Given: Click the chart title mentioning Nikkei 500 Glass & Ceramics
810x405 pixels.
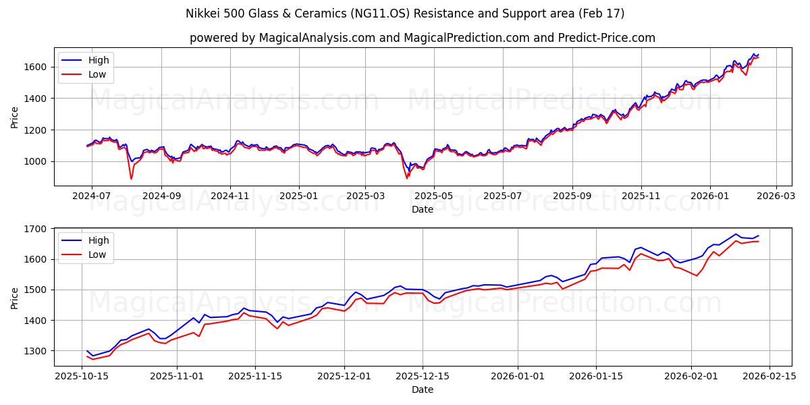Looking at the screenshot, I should pos(405,13).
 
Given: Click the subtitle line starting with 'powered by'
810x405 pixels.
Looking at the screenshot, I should pos(422,38).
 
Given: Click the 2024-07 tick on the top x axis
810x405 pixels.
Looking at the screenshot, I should pos(92,196).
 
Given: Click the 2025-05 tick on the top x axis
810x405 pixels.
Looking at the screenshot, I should pos(433,196).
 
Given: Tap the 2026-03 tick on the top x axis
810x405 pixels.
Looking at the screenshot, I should pos(776,196).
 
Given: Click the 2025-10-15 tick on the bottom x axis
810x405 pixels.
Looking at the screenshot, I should pos(82,376).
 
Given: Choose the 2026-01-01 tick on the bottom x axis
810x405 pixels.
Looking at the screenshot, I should pos(517,376).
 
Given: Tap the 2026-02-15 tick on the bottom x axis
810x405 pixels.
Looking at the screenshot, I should pos(769,376).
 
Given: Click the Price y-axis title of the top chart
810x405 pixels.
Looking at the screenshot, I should pos(14,117).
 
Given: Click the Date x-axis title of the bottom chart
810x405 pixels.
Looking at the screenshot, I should pos(422,389).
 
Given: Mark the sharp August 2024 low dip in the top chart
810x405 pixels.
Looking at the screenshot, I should pos(131,178).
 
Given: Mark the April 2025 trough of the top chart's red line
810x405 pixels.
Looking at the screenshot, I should pos(407,178).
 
